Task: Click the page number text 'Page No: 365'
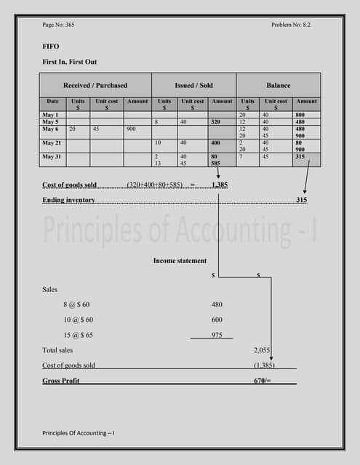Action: tap(58, 25)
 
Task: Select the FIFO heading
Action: tap(51, 46)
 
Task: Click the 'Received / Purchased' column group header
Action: tap(95, 85)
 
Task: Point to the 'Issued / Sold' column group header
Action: tap(193, 85)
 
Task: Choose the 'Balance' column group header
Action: tap(278, 85)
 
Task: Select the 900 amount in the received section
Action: tap(131, 129)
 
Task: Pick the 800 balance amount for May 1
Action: tap(300, 116)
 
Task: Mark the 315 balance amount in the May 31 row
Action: tap(300, 156)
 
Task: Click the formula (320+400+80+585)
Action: tap(155, 185)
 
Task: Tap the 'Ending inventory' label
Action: tap(68, 199)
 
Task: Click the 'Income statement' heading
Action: tap(180, 261)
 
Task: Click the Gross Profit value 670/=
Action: tap(262, 381)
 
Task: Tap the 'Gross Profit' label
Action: tap(61, 381)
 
